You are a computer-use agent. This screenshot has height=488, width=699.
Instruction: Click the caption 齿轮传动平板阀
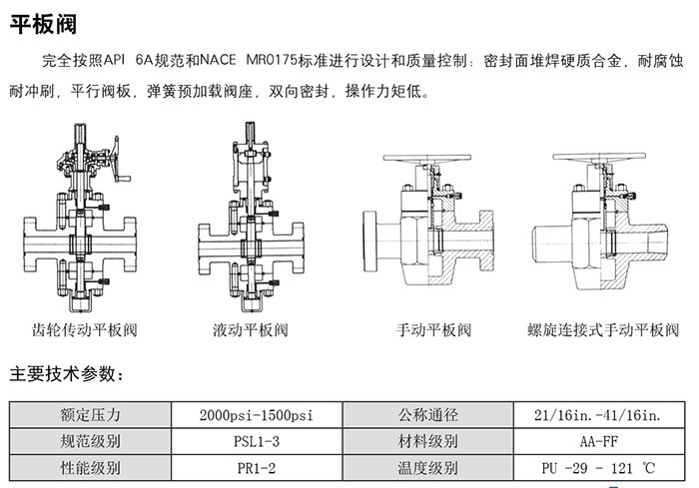tap(85, 329)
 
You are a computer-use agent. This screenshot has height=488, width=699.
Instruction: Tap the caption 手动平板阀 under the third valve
tap(433, 329)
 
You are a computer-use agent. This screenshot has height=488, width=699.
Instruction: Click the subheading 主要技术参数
tap(66, 375)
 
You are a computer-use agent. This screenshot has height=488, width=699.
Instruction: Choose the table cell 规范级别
tap(91, 441)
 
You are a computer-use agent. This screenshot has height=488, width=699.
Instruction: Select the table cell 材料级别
tap(427, 441)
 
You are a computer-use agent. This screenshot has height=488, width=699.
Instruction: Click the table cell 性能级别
tap(91, 467)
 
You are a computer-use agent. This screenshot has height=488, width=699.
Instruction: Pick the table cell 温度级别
tap(427, 467)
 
